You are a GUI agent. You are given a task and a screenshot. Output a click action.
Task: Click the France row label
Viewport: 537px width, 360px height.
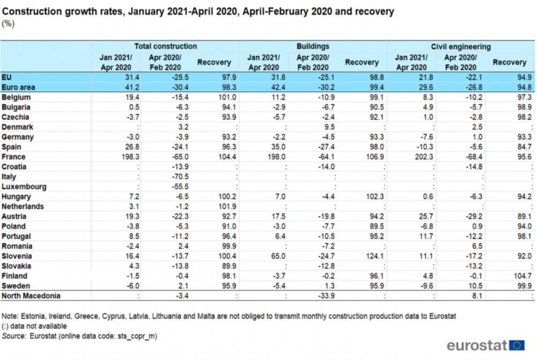pos(13,157)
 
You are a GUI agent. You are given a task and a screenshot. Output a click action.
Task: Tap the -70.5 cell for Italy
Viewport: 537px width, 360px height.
pos(180,177)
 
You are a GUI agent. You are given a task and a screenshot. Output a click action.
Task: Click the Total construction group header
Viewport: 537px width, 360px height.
pos(165,46)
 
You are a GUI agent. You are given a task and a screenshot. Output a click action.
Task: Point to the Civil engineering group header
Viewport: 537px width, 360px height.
pos(461,47)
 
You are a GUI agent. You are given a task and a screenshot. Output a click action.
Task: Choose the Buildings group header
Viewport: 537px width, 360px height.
pos(313,46)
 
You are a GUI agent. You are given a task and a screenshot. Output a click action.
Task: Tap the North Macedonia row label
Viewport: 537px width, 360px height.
pos(31,296)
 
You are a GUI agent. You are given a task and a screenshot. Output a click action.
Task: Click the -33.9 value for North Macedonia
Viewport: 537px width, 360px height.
pos(326,296)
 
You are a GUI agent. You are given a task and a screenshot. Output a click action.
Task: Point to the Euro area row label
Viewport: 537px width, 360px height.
pos(18,87)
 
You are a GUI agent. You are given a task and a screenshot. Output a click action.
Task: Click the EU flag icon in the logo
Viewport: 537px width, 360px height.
pos(517,345)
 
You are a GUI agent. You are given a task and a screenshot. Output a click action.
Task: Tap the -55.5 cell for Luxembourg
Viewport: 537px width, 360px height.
pos(180,187)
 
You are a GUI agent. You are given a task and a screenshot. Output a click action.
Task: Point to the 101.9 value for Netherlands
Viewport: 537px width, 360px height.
pos(227,206)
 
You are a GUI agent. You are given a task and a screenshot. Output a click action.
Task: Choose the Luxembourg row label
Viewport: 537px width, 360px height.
pos(24,187)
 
